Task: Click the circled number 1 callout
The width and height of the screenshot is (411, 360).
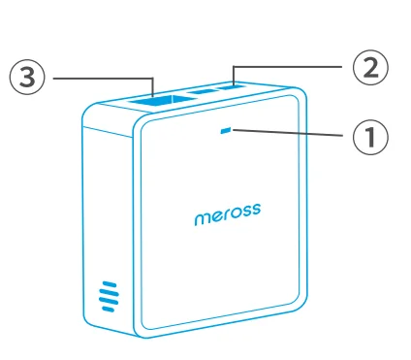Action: tap(368, 137)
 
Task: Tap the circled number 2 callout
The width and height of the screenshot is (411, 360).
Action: tap(368, 68)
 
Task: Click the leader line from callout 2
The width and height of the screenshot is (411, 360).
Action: tap(291, 65)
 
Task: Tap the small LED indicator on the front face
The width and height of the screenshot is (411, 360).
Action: tap(227, 131)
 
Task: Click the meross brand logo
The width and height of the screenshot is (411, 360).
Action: tap(226, 214)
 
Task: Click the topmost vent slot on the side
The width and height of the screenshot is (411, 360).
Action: tap(108, 284)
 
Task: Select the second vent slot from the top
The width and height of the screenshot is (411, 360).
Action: tap(109, 293)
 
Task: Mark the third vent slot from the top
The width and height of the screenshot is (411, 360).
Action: tap(109, 302)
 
